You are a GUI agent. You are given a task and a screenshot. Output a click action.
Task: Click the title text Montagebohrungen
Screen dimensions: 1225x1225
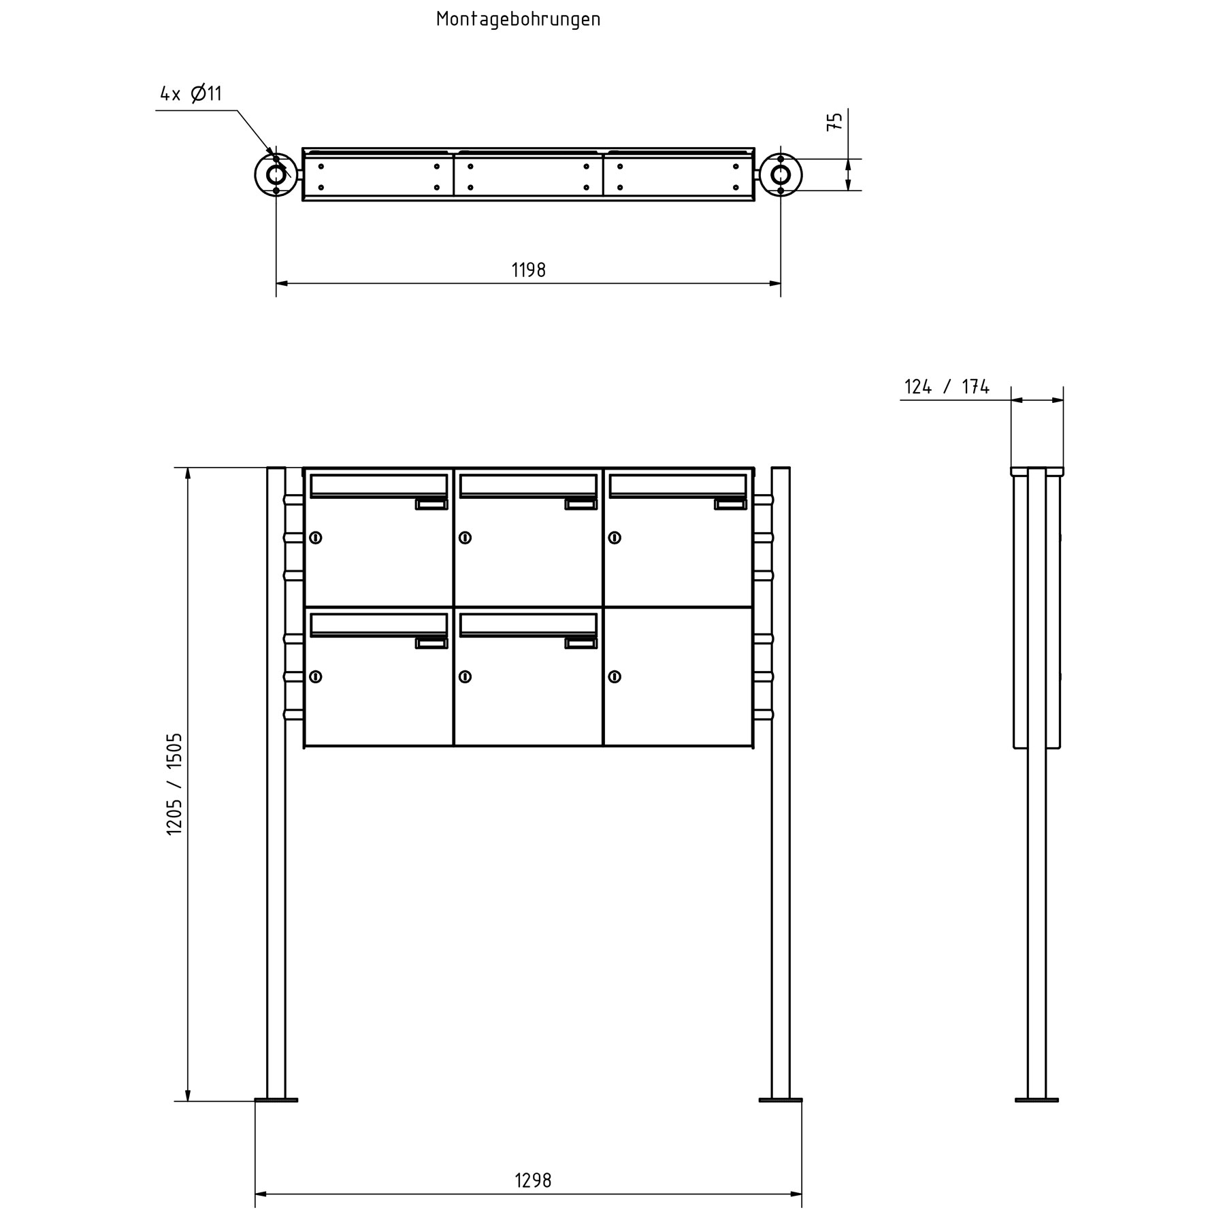coord(518,19)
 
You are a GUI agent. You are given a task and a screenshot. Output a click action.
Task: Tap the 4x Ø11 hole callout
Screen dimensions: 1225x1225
coord(191,93)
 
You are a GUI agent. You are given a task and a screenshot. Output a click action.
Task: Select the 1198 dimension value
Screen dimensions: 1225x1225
coord(528,270)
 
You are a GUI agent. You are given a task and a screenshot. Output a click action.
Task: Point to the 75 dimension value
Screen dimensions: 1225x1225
coord(835,121)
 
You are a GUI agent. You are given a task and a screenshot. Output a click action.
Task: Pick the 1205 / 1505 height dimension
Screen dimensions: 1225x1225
coord(174,784)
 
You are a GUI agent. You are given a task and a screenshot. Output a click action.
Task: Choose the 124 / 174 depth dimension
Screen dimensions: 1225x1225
coord(947,387)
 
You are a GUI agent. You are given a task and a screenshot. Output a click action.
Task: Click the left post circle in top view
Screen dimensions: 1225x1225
coord(276,175)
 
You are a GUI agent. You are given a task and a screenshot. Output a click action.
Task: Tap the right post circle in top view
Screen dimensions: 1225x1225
coord(781,175)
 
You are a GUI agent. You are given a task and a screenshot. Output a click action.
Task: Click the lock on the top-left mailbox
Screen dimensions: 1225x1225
coord(315,538)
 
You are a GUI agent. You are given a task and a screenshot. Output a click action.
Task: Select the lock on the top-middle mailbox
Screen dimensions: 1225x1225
coord(465,538)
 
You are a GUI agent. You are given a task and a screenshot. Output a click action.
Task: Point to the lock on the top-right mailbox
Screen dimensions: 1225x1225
coord(615,538)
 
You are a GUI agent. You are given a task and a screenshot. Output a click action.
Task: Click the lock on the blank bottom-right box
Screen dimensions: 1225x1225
coord(615,676)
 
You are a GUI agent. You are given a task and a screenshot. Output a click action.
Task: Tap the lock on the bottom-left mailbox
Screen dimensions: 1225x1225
coord(315,676)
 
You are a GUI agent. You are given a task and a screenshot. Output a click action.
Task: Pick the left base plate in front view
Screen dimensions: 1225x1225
coord(276,1061)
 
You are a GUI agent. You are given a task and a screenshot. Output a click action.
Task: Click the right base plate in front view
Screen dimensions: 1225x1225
coord(781,1061)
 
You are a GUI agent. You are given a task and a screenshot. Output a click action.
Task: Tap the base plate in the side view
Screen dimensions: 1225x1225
coord(1036,1061)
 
